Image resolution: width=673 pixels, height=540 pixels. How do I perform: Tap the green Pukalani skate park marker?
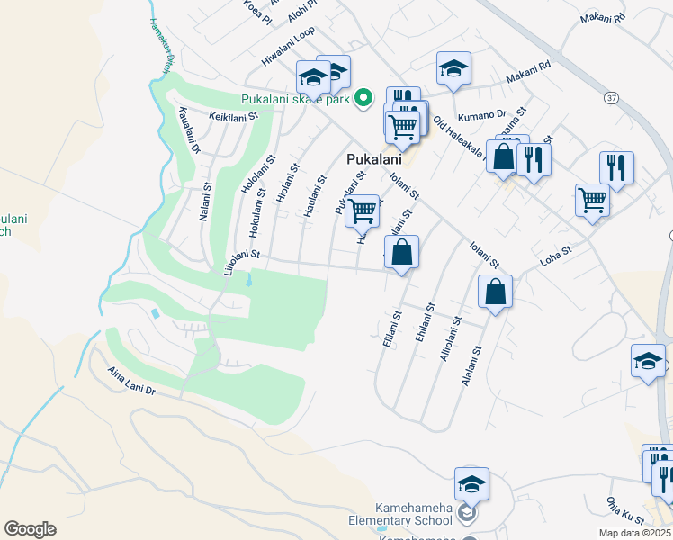tap(363, 98)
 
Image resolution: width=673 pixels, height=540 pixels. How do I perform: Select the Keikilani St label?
tap(233, 116)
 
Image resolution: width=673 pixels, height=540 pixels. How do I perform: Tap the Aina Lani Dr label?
tap(131, 381)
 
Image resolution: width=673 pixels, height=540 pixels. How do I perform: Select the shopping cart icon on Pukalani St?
tap(362, 211)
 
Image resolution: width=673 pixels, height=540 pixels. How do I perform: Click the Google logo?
tap(30, 529)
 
